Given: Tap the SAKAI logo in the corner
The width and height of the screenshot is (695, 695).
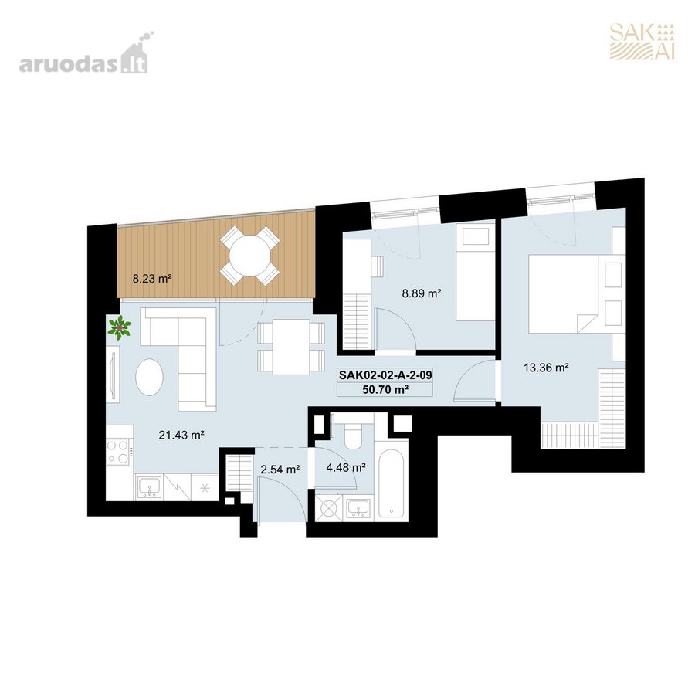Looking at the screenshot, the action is pyautogui.click(x=642, y=42).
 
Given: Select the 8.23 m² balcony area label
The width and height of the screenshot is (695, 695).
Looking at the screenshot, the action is pyautogui.click(x=152, y=279).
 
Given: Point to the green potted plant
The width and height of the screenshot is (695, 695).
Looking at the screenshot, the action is pyautogui.click(x=119, y=328).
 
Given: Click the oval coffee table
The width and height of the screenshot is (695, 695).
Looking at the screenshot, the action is pyautogui.click(x=149, y=377).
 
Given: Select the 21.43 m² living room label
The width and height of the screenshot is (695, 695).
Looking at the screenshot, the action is pyautogui.click(x=181, y=435).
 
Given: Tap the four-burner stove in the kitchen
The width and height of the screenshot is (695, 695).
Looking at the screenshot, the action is pyautogui.click(x=118, y=451).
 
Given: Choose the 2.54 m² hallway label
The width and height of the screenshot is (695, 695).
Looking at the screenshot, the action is pyautogui.click(x=280, y=469).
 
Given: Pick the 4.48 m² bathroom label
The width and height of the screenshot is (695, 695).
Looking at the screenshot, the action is pyautogui.click(x=346, y=467).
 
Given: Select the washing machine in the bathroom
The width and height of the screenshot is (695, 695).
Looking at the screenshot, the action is pyautogui.click(x=328, y=507).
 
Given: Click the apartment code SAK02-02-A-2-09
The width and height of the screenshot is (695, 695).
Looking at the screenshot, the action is pyautogui.click(x=385, y=375).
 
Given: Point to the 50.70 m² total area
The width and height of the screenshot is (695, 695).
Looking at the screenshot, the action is pyautogui.click(x=385, y=390).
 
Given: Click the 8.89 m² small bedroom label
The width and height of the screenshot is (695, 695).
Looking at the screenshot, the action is pyautogui.click(x=422, y=293).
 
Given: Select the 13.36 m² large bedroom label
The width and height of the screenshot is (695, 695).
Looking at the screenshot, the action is pyautogui.click(x=546, y=368).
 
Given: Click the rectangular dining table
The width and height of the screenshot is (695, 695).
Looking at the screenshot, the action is pyautogui.click(x=291, y=347).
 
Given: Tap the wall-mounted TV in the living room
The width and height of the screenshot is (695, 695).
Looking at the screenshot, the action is pyautogui.click(x=114, y=375).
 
